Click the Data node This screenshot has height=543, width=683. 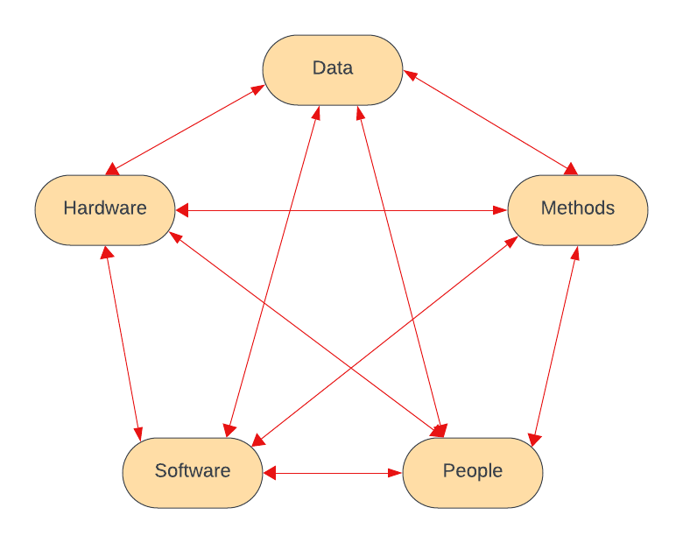coord(333,69)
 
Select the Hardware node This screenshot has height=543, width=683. coord(105,209)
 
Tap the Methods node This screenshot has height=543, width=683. coord(578,209)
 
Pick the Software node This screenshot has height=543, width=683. coord(193,472)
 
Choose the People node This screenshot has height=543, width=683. coord(473,472)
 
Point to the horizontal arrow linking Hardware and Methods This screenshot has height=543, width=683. coord(341,210)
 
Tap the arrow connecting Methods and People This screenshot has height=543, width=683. coord(553,346)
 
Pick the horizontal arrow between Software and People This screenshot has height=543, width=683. coord(333,473)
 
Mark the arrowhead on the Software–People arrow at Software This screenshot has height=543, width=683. coord(270,473)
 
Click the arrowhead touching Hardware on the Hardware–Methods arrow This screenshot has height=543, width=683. coord(182,210)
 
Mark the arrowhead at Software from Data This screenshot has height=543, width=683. coord(228,430)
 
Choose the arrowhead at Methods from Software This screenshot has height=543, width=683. coord(511,241)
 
